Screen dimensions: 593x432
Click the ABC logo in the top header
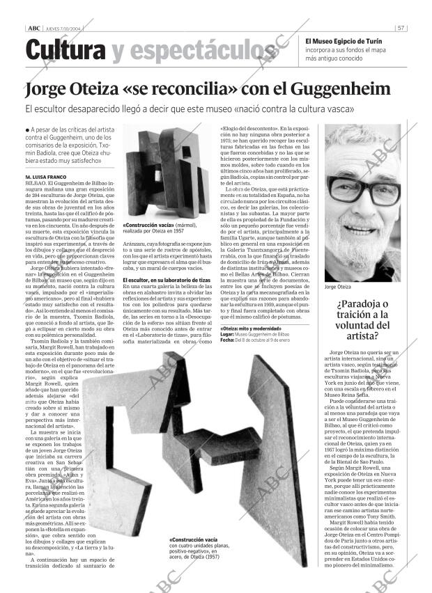coord(33,28)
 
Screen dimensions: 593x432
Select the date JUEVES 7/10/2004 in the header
coord(63,28)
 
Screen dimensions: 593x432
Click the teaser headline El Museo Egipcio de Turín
coord(344,40)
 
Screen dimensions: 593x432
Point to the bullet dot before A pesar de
coord(26,130)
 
